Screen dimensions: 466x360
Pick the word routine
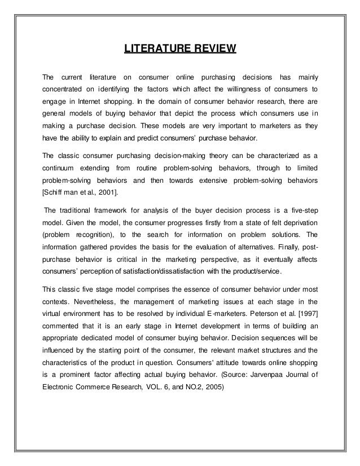tap(146, 169)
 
